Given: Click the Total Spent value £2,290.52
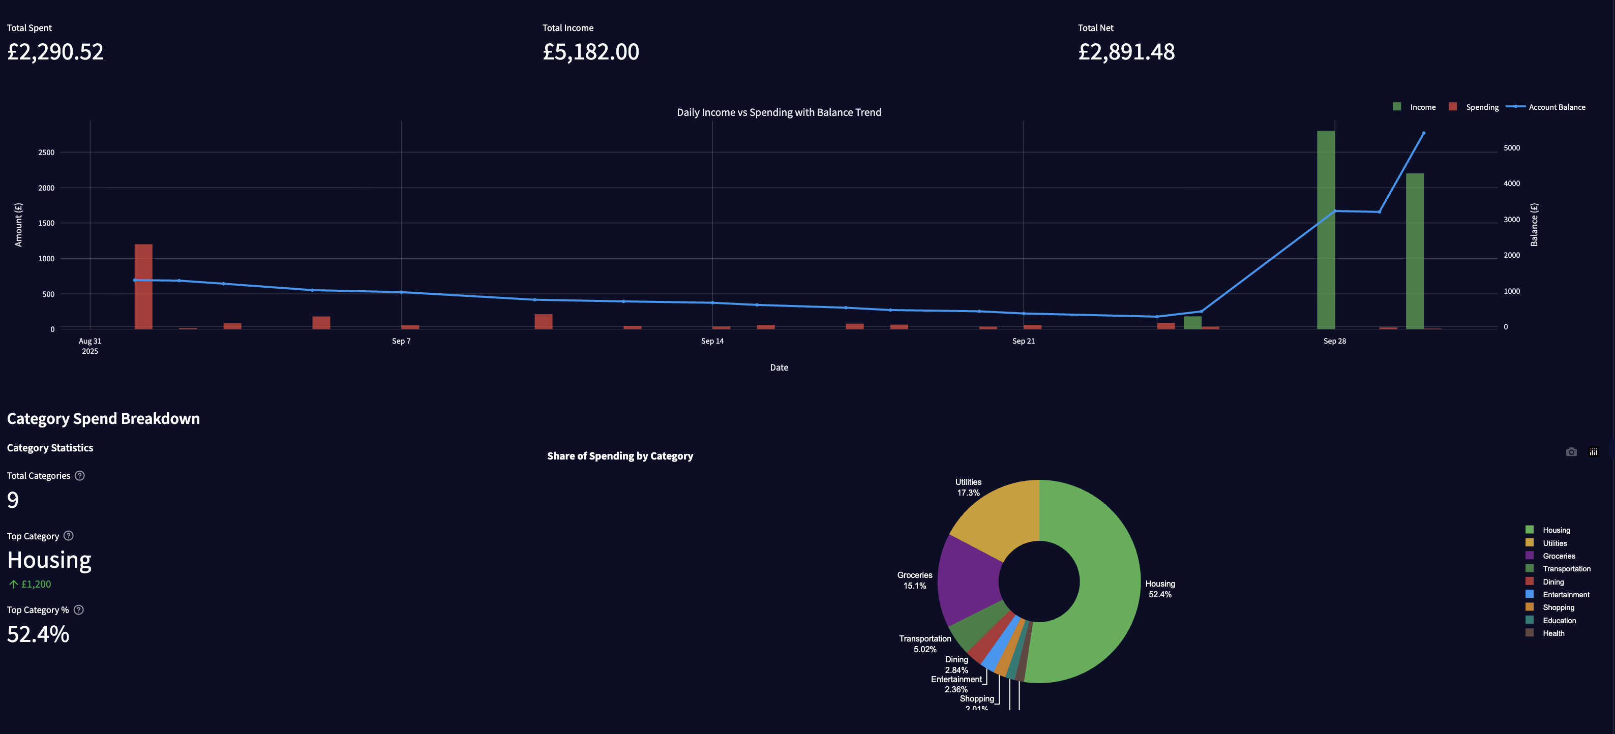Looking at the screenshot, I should pos(55,51).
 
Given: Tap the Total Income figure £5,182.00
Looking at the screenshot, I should pos(590,51).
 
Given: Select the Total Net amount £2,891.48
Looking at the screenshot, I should pos(1126,51).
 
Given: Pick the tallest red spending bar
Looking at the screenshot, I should pos(143,287).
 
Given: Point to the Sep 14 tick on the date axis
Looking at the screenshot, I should pos(712,341).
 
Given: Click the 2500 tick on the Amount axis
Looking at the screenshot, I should pos(46,152).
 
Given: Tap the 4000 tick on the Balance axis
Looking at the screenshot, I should pos(1512,183).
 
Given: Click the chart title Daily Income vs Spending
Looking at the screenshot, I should pos(779,112).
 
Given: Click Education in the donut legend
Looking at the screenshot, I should pos(1559,621).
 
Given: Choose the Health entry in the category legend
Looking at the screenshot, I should pos(1553,633).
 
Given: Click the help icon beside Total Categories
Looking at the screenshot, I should pos(80,476).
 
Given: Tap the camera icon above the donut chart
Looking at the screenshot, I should pos(1571,452).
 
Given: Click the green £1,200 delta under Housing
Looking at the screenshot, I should pos(36,584).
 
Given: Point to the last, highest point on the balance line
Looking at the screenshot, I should pos(1423,133).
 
